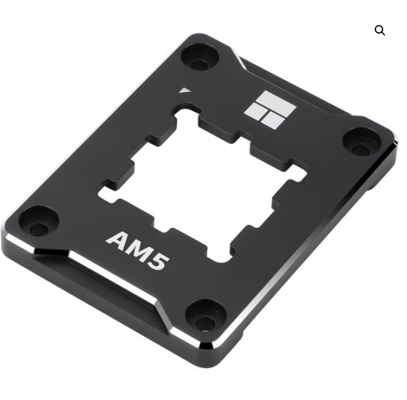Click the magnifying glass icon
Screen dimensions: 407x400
(x=380, y=30)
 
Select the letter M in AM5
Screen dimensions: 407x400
(x=139, y=251)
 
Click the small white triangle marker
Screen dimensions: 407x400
(x=184, y=90)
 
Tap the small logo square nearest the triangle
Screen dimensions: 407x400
(x=256, y=111)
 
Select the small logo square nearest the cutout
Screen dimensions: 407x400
(x=272, y=121)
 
